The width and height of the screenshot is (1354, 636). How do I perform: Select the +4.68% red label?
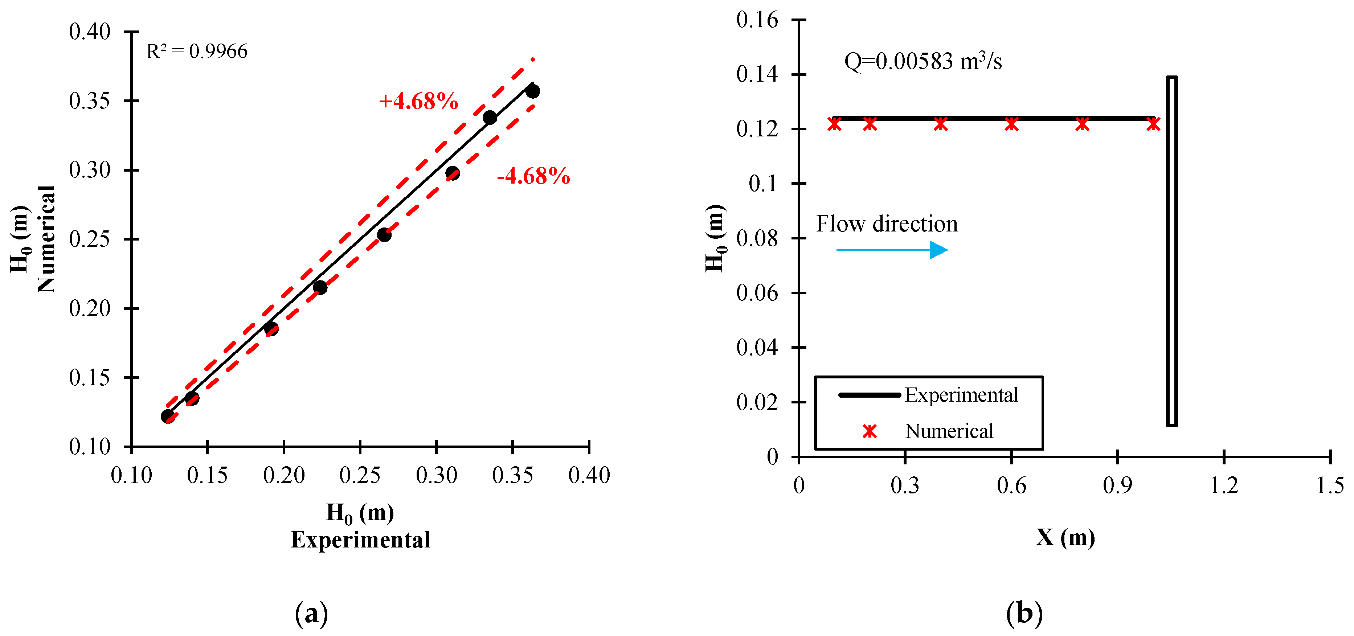pyautogui.click(x=418, y=101)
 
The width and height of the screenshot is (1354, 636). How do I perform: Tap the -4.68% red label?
pyautogui.click(x=533, y=176)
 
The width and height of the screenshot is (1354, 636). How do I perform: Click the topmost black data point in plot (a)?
pyautogui.click(x=532, y=91)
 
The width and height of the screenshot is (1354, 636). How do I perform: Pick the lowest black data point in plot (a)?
pyautogui.click(x=168, y=416)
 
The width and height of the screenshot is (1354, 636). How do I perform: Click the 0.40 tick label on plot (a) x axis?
pyautogui.click(x=589, y=476)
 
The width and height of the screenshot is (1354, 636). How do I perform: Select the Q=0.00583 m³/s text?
pyautogui.click(x=923, y=62)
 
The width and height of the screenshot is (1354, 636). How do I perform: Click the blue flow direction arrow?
pyautogui.click(x=892, y=250)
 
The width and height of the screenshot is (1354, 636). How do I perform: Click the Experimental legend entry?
pyautogui.click(x=961, y=395)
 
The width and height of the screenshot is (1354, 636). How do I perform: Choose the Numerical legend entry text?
pyautogui.click(x=949, y=431)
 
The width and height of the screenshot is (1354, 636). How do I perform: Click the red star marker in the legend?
pyautogui.click(x=870, y=431)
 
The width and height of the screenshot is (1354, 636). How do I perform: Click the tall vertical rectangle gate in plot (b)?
pyautogui.click(x=1171, y=251)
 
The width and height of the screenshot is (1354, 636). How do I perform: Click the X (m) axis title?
pyautogui.click(x=1065, y=538)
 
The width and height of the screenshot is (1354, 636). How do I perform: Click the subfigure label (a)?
pyautogui.click(x=312, y=614)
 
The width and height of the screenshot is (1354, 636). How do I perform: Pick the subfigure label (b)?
pyautogui.click(x=1024, y=614)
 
